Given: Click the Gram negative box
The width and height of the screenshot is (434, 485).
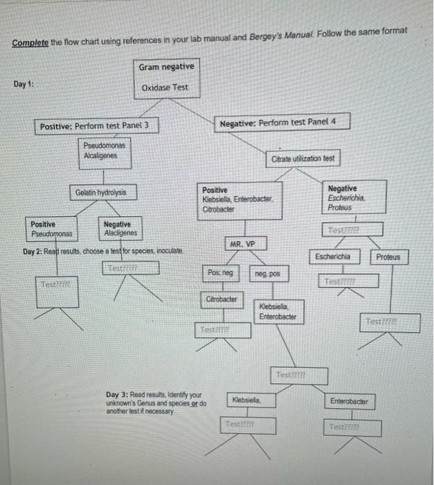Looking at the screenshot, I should click(x=166, y=67).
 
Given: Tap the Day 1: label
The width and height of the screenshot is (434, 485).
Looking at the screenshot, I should click(x=24, y=85).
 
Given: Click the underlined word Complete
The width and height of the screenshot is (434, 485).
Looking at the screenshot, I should click(x=30, y=42).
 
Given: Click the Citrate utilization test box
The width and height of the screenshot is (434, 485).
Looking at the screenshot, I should click(x=302, y=159).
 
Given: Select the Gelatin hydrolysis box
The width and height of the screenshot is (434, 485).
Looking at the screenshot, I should click(x=101, y=192).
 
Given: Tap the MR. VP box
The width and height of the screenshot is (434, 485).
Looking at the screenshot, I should click(x=242, y=244).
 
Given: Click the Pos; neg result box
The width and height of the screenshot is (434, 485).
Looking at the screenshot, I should click(x=219, y=274).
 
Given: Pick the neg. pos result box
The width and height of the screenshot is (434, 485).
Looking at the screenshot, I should click(x=266, y=275).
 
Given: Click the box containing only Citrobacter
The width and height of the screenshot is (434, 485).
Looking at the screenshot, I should click(x=221, y=299).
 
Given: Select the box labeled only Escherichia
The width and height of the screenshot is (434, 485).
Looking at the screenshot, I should click(x=332, y=256).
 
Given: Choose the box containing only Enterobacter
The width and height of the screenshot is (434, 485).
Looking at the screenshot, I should click(x=348, y=401).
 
